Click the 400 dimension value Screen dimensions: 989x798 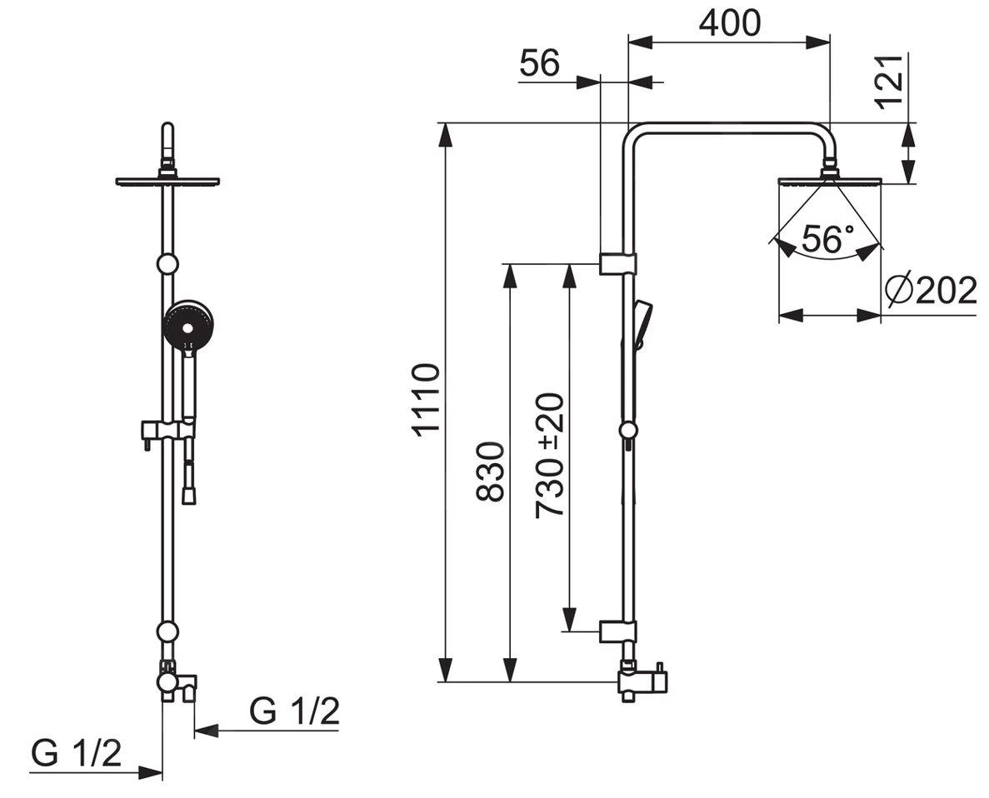tap(730, 23)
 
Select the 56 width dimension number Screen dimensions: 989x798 tap(540, 63)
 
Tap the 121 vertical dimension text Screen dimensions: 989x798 tap(890, 82)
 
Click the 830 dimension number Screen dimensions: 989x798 tap(490, 471)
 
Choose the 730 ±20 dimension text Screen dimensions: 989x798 tap(549, 456)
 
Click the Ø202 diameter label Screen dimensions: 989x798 tap(931, 290)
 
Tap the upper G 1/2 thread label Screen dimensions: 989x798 tap(295, 711)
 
